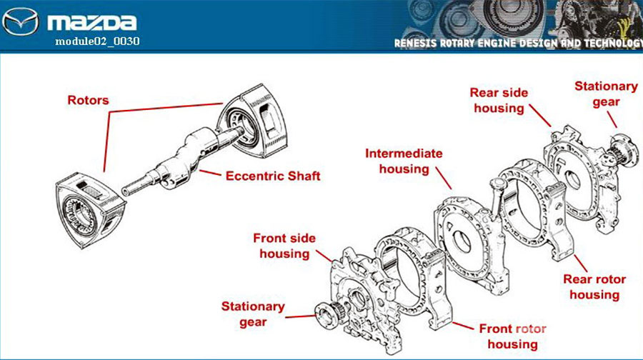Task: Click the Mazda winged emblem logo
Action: pos(21,21)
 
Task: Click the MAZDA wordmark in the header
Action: pos(92,23)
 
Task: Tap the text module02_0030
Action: pos(97,41)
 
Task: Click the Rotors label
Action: pos(88,100)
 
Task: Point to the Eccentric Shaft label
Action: pos(273,176)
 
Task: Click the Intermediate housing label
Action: pos(404,161)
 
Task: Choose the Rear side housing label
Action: pos(499,101)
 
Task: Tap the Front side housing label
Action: pos(284,246)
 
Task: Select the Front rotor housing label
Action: pos(512,336)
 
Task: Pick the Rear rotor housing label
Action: pos(594,287)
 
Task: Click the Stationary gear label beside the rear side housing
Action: pos(606,94)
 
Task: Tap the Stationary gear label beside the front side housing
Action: pos(253,314)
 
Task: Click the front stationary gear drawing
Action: pos(329,314)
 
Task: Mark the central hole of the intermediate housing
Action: pos(462,241)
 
